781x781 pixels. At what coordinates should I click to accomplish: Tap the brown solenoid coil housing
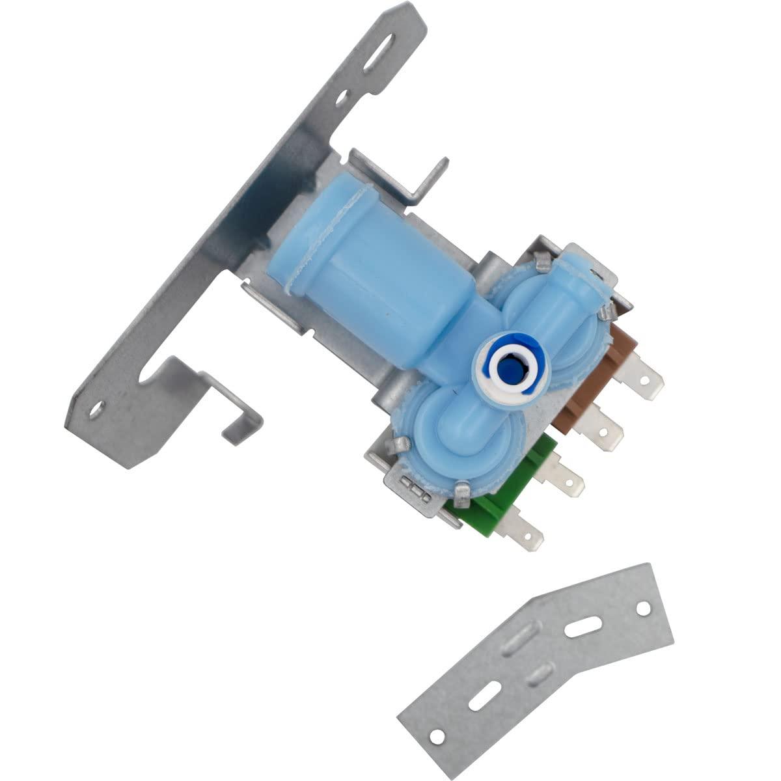589,377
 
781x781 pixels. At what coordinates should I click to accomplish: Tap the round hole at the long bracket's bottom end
97,409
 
